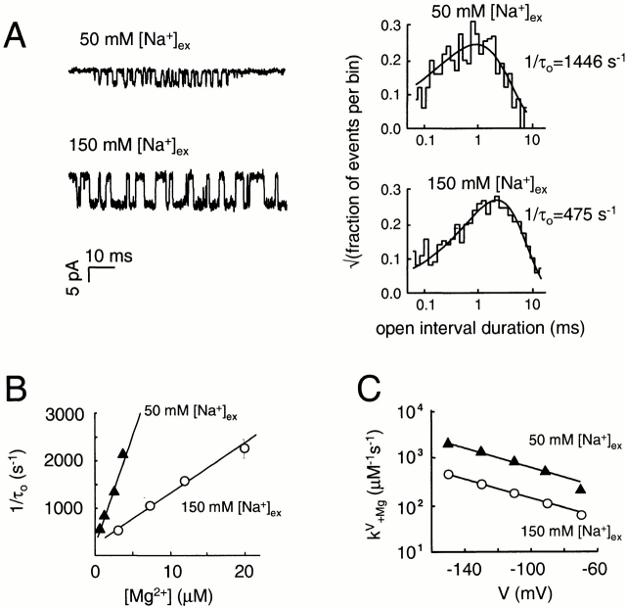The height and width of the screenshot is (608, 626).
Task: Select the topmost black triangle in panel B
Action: (x=122, y=453)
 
